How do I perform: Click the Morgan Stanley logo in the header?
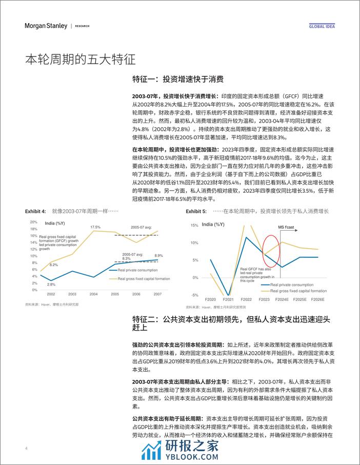click(x=47, y=26)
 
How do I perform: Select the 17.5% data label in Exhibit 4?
click(x=95, y=227)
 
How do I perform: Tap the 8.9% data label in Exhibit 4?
click(x=158, y=255)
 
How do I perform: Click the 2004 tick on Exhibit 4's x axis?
click(x=94, y=294)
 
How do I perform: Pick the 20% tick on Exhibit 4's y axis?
click(x=34, y=222)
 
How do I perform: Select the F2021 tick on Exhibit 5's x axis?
click(x=228, y=299)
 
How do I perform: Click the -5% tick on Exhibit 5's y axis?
click(x=194, y=295)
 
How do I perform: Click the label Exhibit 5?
click(x=196, y=211)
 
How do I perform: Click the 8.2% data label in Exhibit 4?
click(x=53, y=265)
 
